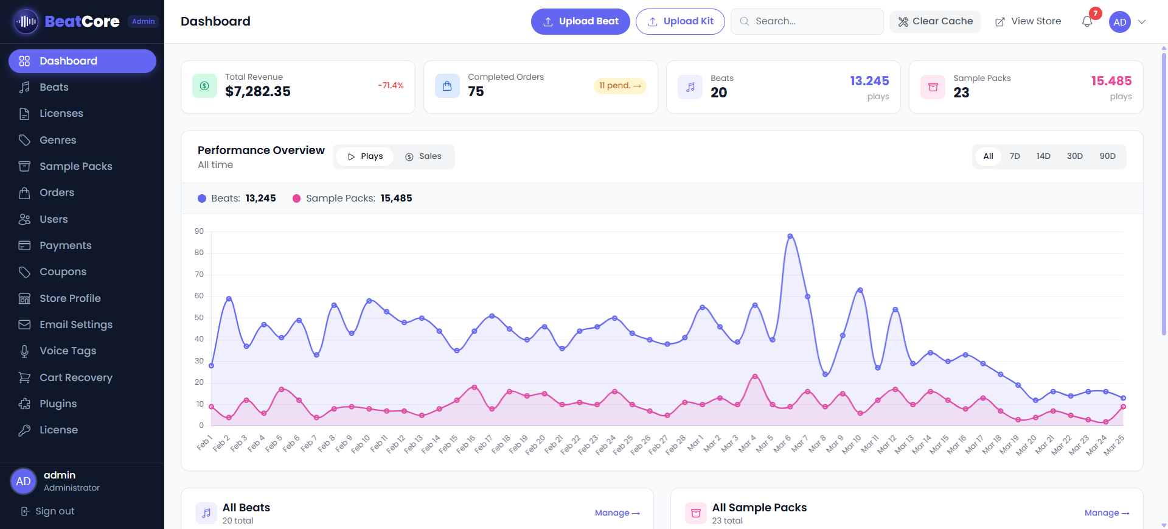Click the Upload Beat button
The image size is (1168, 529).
pos(580,21)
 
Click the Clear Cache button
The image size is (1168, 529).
pos(935,21)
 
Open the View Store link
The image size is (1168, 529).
pos(1028,21)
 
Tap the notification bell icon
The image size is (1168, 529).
pos(1087,22)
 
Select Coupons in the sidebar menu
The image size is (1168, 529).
pos(63,272)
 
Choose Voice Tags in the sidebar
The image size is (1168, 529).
pos(68,351)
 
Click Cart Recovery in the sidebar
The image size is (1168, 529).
pos(75,377)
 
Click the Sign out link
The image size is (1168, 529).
pos(54,511)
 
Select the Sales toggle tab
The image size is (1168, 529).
pos(423,156)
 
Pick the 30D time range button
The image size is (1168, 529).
pos(1074,156)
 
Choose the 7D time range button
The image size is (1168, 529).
pos(1015,156)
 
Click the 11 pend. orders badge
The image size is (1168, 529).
pos(619,86)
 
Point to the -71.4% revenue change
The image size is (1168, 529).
pos(391,86)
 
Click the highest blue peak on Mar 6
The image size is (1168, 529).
pos(790,236)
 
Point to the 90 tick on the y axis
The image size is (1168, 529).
pos(199,231)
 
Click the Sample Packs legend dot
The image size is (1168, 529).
pos(296,198)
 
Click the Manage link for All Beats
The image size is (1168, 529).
pos(617,513)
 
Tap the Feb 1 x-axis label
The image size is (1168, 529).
pos(204,443)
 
